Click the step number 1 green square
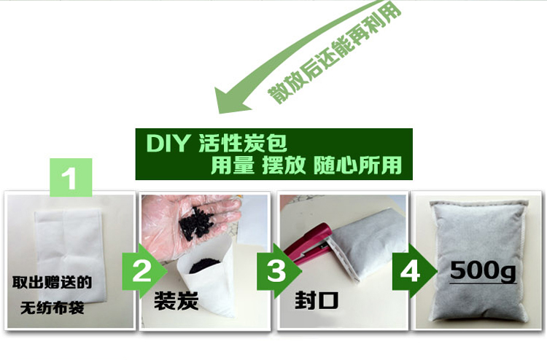[x=71, y=177]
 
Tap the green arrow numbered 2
[x=144, y=271]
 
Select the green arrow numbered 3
[x=279, y=271]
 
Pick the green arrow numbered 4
[x=414, y=271]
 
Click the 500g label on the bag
[x=483, y=271]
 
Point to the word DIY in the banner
[x=168, y=143]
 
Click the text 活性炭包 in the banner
[x=243, y=143]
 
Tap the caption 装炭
[x=176, y=301]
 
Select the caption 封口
[x=317, y=300]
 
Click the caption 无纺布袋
[x=53, y=308]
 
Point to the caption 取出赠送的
[x=53, y=283]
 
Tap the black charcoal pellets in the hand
[x=197, y=224]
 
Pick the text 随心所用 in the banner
[x=357, y=165]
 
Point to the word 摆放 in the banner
[x=284, y=165]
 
